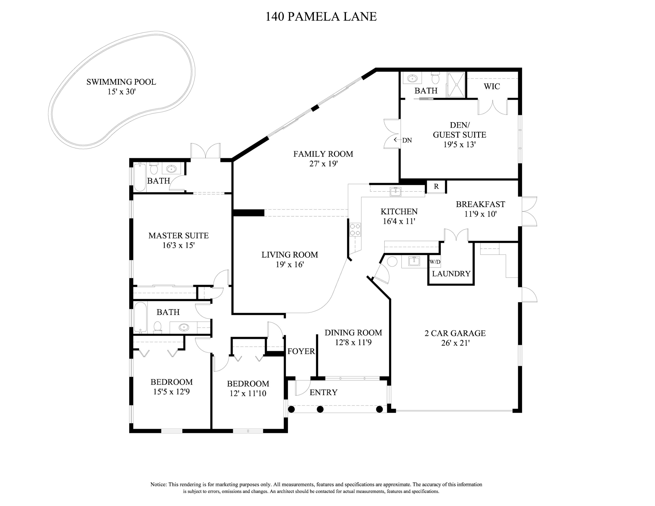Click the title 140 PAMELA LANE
click(321, 17)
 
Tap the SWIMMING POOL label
click(121, 82)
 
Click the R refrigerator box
click(436, 186)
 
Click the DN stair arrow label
click(407, 140)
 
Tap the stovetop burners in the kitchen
click(355, 230)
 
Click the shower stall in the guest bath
click(456, 85)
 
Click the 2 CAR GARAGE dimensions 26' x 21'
click(455, 343)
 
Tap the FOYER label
click(301, 351)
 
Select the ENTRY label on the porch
click(323, 392)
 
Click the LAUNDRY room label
click(451, 273)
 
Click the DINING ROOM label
click(353, 332)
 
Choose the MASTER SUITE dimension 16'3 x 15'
click(178, 245)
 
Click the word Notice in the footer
click(158, 484)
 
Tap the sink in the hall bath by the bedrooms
click(184, 327)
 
